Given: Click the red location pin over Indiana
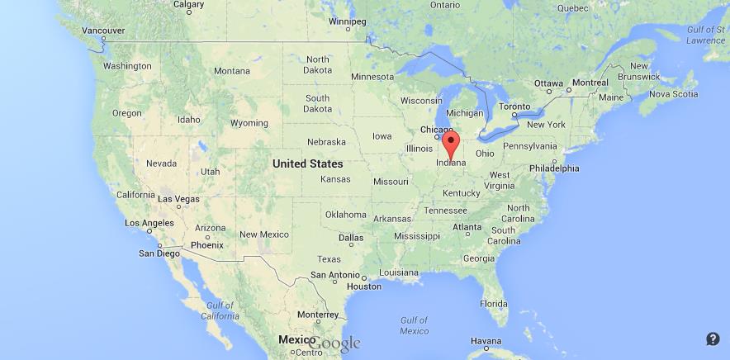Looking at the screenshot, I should (x=451, y=143).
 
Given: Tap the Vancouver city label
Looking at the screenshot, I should (x=103, y=31).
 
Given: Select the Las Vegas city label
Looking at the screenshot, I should (x=178, y=199).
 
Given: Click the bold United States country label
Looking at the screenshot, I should (x=307, y=163).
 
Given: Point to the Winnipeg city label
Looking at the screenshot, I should (x=348, y=21).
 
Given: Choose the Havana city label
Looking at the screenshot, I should (x=486, y=341).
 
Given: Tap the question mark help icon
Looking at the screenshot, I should (x=713, y=339).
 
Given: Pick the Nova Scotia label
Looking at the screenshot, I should (x=674, y=94).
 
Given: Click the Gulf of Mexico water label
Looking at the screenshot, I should (x=414, y=325).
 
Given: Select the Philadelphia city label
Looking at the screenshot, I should (x=554, y=168).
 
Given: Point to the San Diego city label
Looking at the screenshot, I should (x=157, y=253).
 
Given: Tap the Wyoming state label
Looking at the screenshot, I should (x=249, y=123).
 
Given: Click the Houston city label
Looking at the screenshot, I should (x=364, y=287).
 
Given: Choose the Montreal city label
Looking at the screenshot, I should (x=590, y=83).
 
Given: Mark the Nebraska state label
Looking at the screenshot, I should (x=326, y=142).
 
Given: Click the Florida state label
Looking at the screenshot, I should (x=494, y=303).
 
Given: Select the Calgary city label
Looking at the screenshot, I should (x=189, y=4).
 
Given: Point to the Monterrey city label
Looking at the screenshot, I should (x=319, y=314).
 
